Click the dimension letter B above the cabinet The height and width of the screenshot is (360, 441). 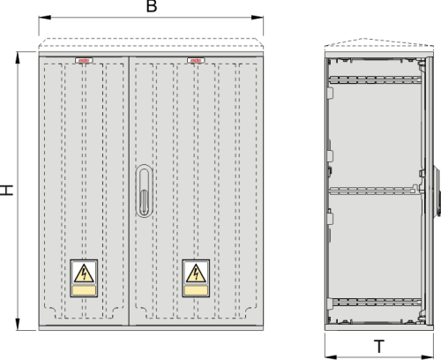click(152, 6)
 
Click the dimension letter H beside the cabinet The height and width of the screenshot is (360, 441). click(6, 190)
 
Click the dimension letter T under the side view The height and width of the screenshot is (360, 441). click(379, 347)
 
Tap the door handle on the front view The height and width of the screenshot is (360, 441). click(144, 191)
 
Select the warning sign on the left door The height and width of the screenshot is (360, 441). click(84, 278)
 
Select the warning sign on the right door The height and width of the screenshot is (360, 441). click(196, 278)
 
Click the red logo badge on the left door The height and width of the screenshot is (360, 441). click(84, 61)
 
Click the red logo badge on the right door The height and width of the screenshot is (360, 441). click(196, 61)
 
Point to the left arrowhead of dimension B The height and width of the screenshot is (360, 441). click(45, 18)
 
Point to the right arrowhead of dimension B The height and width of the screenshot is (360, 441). click(258, 18)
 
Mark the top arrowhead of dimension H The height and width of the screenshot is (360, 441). click(18, 57)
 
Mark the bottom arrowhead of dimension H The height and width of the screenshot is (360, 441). click(18, 324)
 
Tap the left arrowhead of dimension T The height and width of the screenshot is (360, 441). click(331, 357)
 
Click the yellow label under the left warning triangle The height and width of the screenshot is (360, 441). click(84, 290)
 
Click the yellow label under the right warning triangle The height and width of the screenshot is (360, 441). click(196, 290)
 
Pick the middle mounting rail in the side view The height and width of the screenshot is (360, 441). click(373, 191)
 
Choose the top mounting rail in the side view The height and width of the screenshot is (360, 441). click(376, 79)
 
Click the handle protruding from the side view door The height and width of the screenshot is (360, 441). click(437, 191)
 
